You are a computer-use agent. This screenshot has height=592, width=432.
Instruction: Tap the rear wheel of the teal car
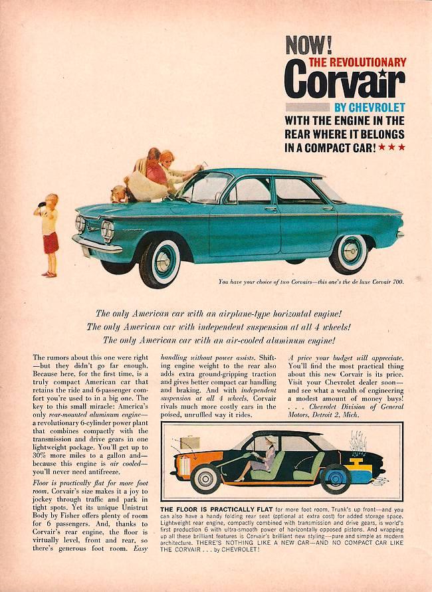pyautogui.click(x=348, y=253)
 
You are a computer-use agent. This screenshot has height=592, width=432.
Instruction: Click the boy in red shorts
pyautogui.click(x=49, y=234)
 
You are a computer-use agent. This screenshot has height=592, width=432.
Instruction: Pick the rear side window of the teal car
pyautogui.click(x=296, y=191)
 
